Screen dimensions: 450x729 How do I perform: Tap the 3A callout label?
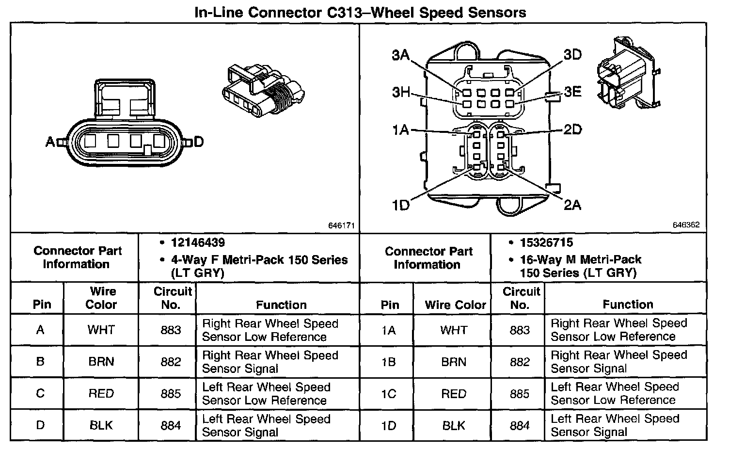[x=401, y=55]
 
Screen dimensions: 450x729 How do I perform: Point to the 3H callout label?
[x=401, y=92]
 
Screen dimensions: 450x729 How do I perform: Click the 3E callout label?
[x=572, y=92]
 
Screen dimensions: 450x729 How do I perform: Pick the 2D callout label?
[x=572, y=129]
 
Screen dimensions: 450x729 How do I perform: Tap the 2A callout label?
[x=572, y=205]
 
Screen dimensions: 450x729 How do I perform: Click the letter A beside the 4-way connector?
[x=50, y=142]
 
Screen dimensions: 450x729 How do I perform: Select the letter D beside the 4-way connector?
[x=198, y=142]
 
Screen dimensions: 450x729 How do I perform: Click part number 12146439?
[x=198, y=242]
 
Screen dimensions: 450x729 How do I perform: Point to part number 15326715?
[x=547, y=242]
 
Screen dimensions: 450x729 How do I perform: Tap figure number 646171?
[x=342, y=225]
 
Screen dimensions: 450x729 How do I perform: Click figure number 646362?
[x=686, y=225]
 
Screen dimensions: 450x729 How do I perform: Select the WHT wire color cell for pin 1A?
[x=454, y=330]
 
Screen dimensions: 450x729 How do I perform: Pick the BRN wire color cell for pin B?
[x=101, y=362]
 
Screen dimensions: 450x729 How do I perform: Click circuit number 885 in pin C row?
[x=171, y=394]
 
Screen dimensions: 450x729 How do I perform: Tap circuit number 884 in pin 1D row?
[x=520, y=426]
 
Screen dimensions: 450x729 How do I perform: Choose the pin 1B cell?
[x=389, y=362]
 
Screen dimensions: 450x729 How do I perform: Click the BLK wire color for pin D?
[x=101, y=426]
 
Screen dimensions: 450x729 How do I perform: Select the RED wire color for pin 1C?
[x=454, y=394]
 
